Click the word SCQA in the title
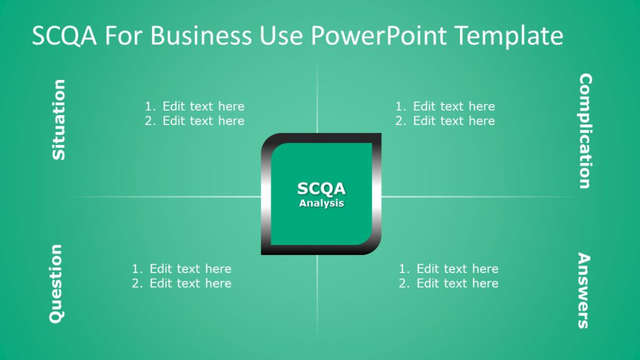click(x=64, y=36)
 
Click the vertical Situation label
click(x=58, y=119)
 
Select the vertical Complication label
click(x=584, y=131)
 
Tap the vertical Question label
click(x=56, y=283)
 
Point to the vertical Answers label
click(x=583, y=290)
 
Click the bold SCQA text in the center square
click(x=321, y=189)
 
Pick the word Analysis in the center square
click(x=321, y=203)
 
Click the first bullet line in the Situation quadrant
click(x=195, y=106)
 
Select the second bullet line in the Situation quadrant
click(x=195, y=121)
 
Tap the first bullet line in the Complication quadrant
click(x=445, y=106)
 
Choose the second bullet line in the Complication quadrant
click(x=445, y=121)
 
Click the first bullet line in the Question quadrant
click(x=182, y=269)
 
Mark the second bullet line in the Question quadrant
click(x=182, y=283)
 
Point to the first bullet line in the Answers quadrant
click(x=449, y=269)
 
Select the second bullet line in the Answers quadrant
click(x=449, y=283)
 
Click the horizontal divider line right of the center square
click(x=475, y=197)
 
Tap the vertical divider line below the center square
click(x=317, y=294)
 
